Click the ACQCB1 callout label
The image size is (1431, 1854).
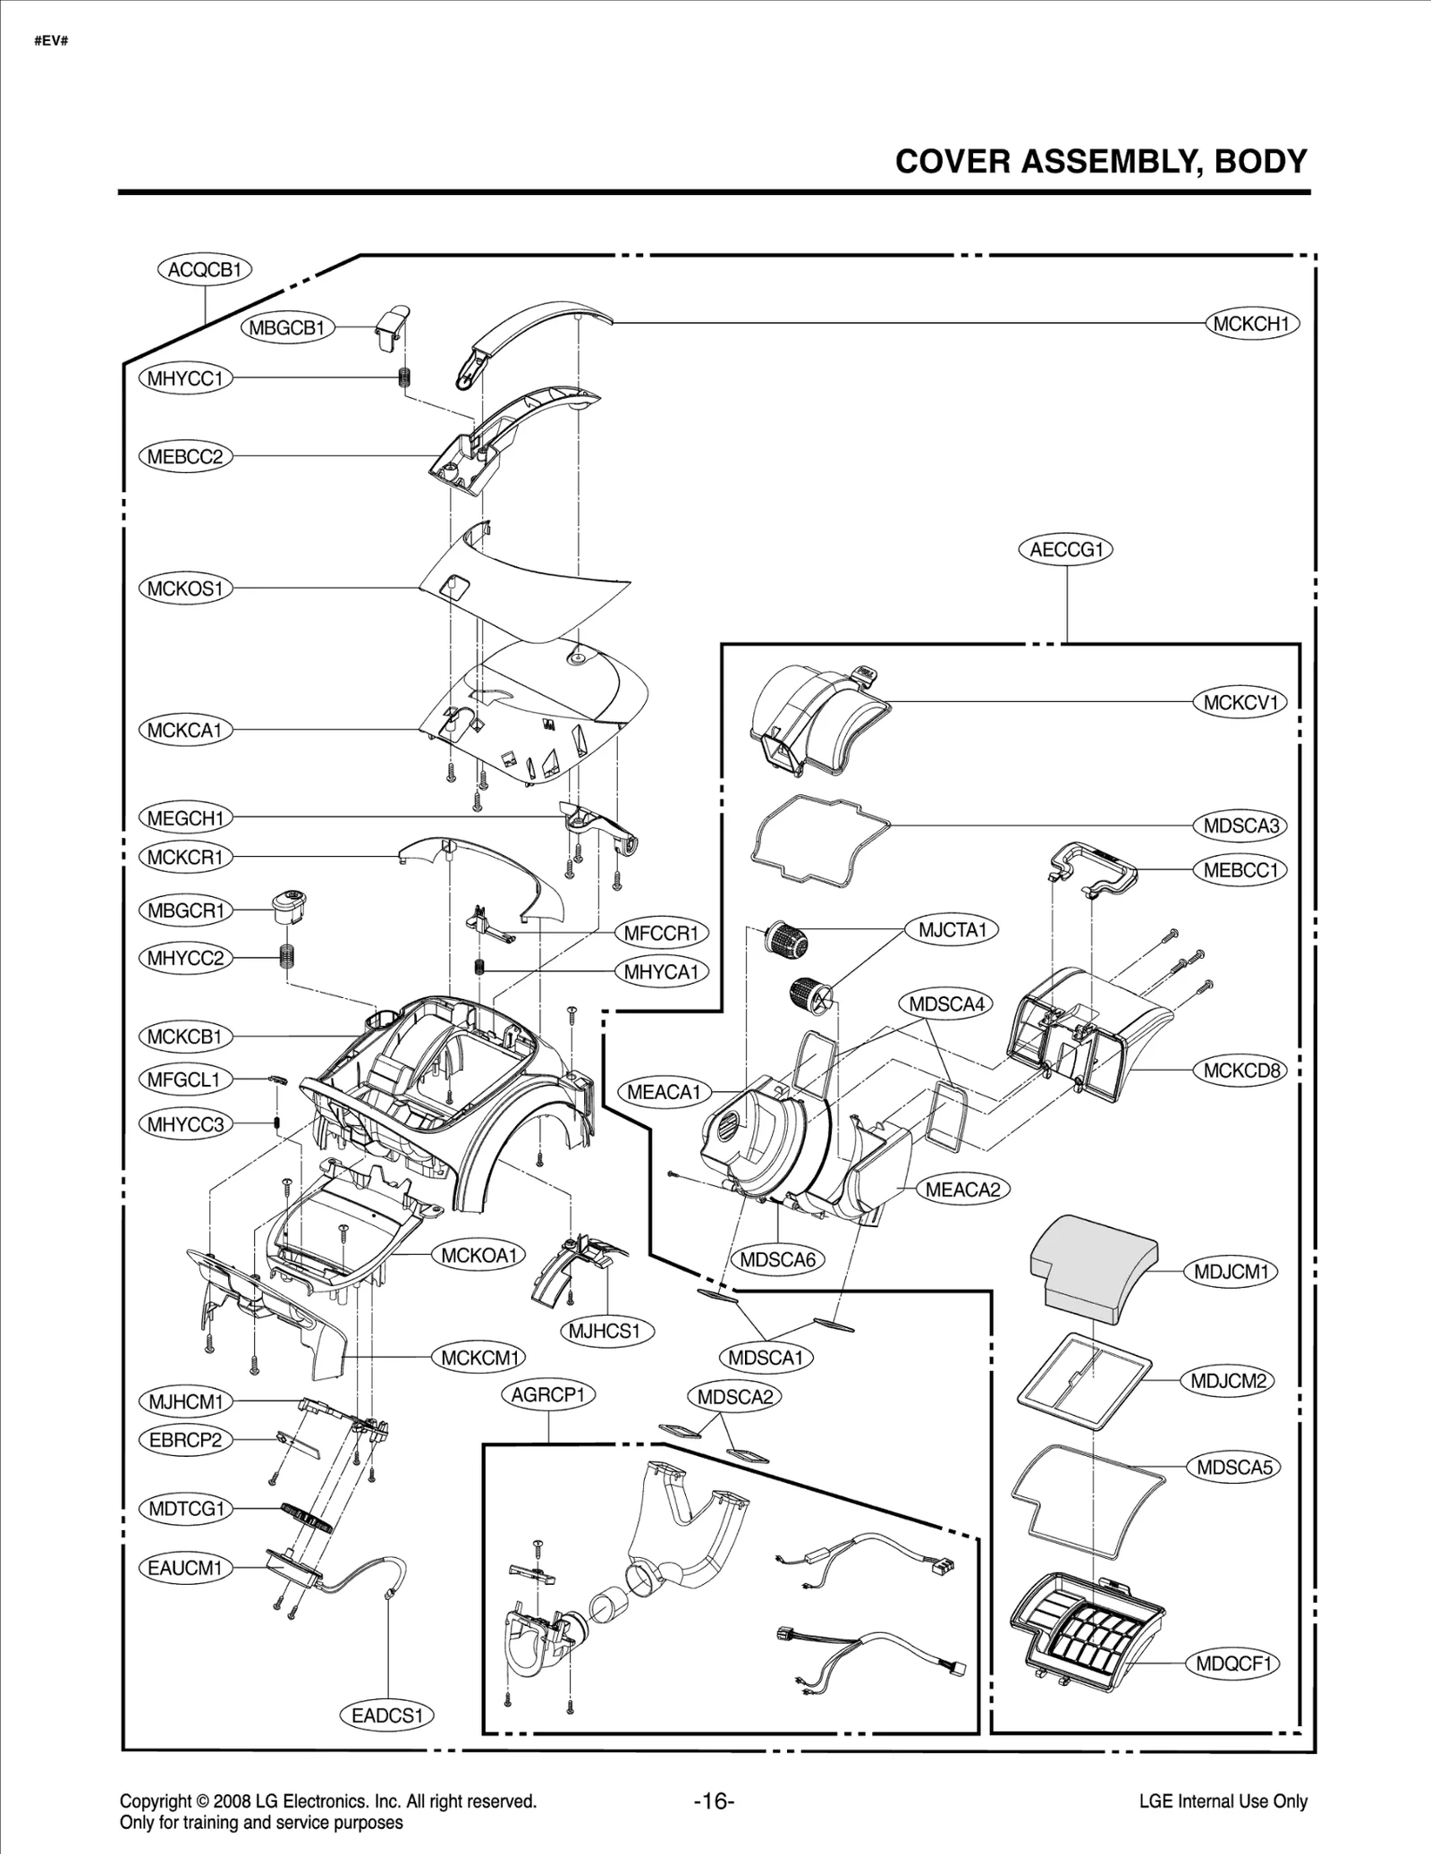(205, 269)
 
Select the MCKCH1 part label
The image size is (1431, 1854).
(1251, 324)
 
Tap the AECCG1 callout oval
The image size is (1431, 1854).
(1066, 549)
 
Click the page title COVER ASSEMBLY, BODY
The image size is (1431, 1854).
(1101, 162)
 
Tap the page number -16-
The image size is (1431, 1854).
(714, 1801)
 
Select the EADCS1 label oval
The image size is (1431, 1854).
(386, 1715)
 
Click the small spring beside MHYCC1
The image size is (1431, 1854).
(403, 377)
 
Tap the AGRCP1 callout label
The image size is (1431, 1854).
(548, 1395)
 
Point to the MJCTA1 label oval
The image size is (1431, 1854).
(952, 930)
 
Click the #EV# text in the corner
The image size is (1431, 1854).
(51, 43)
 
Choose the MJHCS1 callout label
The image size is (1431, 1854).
(605, 1331)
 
